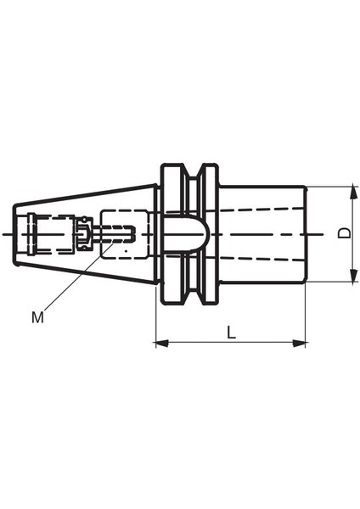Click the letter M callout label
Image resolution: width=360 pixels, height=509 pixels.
[37, 317]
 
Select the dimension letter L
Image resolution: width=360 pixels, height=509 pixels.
[231, 333]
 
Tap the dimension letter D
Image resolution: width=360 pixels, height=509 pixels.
[343, 232]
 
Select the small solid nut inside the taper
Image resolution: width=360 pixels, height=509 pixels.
[84, 233]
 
